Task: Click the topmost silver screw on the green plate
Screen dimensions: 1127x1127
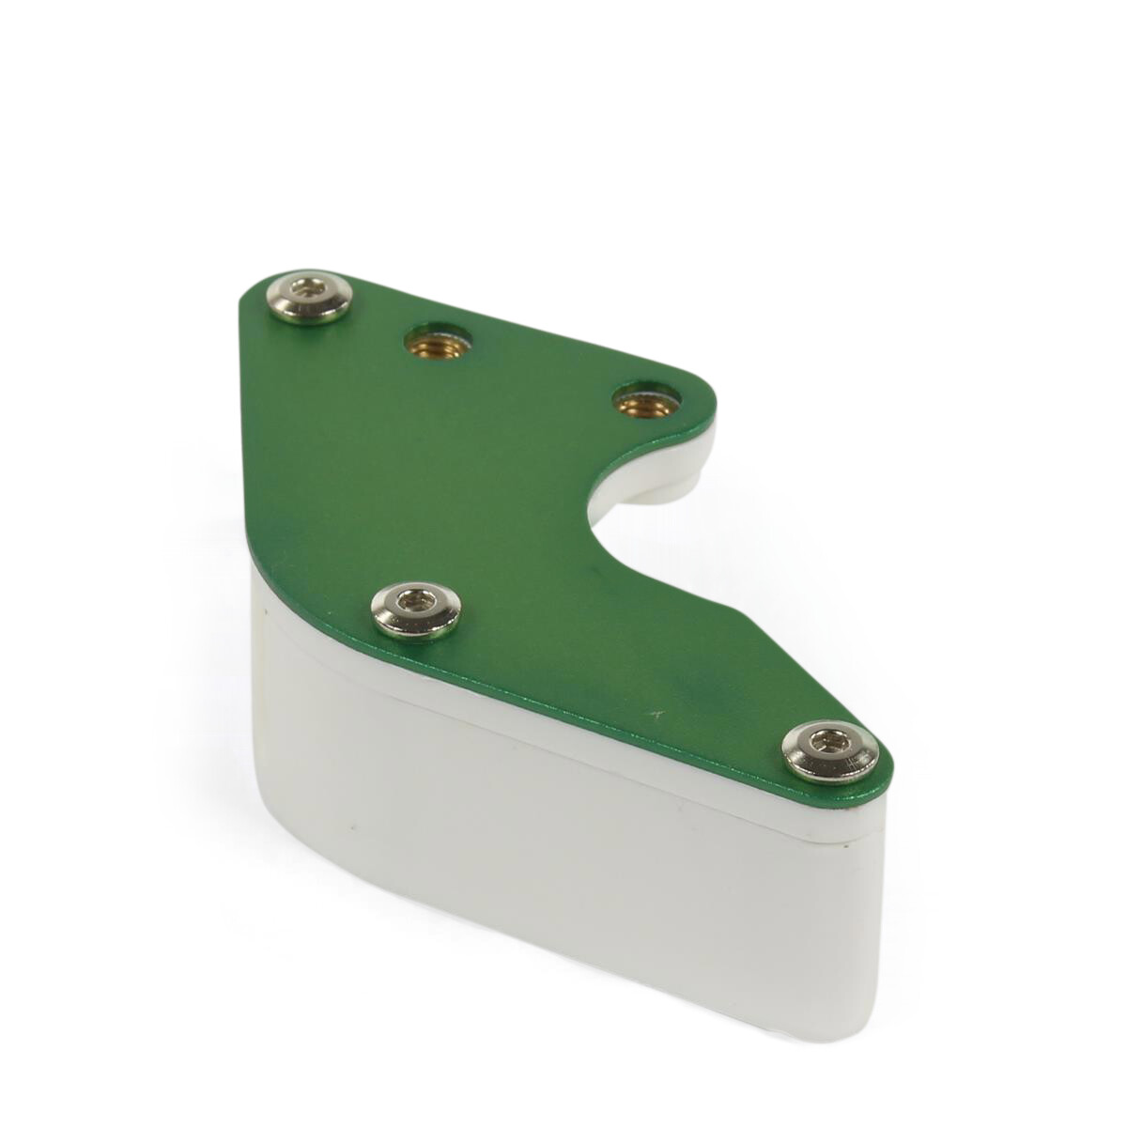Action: [309, 298]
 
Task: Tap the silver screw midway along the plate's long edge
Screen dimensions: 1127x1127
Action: [417, 608]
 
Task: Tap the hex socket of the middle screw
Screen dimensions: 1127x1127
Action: [414, 602]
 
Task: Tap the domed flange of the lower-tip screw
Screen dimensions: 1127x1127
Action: [850, 765]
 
